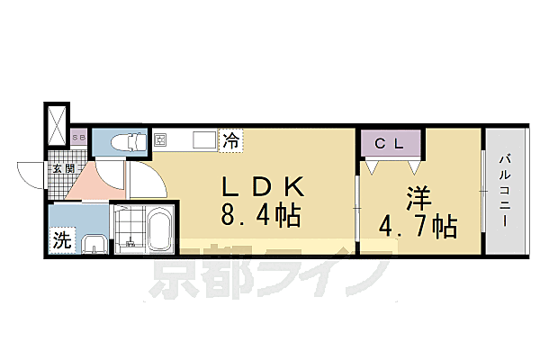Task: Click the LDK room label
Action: tap(265, 186)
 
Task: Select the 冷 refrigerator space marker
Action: tap(231, 140)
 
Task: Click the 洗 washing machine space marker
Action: tap(60, 240)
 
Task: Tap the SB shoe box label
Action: tap(78, 138)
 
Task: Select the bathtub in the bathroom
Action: tap(159, 231)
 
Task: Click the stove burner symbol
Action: tap(162, 140)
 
